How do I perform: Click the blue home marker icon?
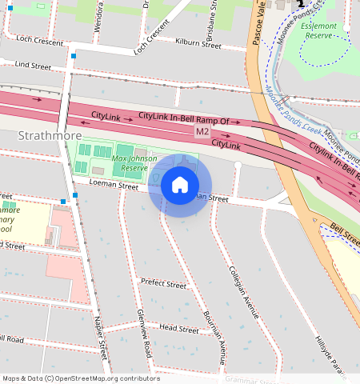click(x=180, y=185)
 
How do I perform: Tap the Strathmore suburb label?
click(x=48, y=136)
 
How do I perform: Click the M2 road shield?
click(x=202, y=130)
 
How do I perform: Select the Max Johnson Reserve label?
click(x=130, y=163)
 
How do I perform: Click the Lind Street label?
click(x=33, y=64)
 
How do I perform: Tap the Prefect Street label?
click(x=163, y=284)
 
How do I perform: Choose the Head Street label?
click(x=178, y=329)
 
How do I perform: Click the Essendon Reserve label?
click(x=328, y=30)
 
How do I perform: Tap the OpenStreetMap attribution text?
click(x=81, y=378)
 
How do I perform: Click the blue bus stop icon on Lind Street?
click(x=74, y=56)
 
